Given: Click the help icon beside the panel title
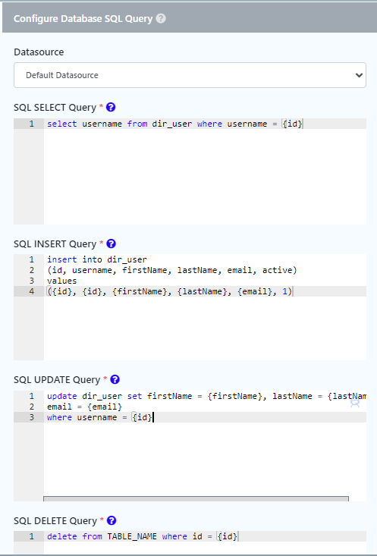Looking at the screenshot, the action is point(161,18).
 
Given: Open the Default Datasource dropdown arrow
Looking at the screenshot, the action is point(359,75).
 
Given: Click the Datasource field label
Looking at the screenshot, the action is point(39,52).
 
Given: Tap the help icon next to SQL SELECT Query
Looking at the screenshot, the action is point(111,107).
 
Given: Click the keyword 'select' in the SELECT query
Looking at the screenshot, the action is point(62,124).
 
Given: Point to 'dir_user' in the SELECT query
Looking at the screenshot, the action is point(172,124).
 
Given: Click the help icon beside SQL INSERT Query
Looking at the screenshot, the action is point(111,243).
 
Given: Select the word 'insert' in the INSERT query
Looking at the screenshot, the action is point(62,259).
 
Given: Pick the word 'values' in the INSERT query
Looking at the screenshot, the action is point(62,281).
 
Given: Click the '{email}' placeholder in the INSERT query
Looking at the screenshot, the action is point(255,291).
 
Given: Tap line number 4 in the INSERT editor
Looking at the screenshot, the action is point(32,291).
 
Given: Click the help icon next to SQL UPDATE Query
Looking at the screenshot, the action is point(115,379).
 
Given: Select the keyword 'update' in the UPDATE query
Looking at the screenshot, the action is point(62,396).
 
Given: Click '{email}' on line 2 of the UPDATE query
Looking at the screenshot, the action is point(105,407).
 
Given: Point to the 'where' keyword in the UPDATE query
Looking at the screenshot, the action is point(60,417).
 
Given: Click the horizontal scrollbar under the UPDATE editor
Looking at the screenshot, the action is point(196,498).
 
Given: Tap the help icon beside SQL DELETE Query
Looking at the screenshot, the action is point(112,520).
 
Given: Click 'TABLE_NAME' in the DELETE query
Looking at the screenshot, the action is point(132,536).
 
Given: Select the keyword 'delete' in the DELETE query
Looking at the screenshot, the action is point(62,536).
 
